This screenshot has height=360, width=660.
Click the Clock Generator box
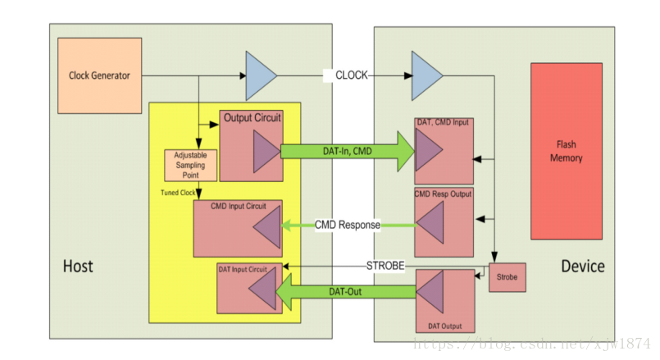click(x=99, y=75)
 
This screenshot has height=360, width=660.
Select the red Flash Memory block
click(x=567, y=151)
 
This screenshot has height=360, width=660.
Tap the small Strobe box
click(x=508, y=277)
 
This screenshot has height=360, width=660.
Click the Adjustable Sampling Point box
click(x=191, y=166)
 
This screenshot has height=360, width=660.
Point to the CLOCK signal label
click(x=352, y=75)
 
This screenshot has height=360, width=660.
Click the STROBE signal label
click(x=385, y=266)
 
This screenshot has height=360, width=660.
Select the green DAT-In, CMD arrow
click(x=348, y=152)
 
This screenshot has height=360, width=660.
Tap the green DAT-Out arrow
click(x=346, y=292)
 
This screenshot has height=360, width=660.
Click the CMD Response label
click(x=348, y=225)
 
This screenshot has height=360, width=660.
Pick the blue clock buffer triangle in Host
click(x=259, y=75)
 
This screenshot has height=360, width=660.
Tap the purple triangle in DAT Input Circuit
click(x=264, y=289)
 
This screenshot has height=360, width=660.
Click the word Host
click(x=78, y=267)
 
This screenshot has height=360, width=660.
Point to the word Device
click(x=583, y=267)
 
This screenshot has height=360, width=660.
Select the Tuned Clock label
click(x=178, y=193)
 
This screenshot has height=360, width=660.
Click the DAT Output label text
click(x=445, y=326)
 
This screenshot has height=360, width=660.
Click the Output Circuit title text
click(x=253, y=117)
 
